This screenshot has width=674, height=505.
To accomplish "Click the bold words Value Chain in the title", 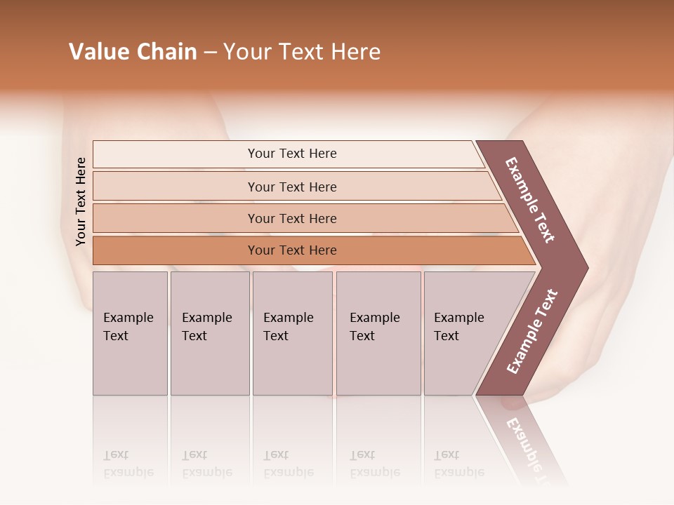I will (x=133, y=52).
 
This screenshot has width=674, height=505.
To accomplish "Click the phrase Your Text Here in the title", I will (x=302, y=52).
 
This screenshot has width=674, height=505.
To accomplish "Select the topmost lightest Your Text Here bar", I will (x=291, y=154).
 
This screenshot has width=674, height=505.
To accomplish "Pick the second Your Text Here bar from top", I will (x=291, y=187).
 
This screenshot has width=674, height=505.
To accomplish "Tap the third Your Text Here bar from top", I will (x=291, y=218).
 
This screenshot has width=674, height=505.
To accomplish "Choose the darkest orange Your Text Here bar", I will (x=291, y=250).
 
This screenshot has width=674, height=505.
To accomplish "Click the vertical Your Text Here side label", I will (x=81, y=201).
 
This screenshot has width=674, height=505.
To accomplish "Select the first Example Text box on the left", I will (x=130, y=333).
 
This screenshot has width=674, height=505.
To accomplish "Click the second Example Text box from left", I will (x=209, y=333).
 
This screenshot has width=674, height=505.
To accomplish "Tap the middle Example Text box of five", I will (x=291, y=333).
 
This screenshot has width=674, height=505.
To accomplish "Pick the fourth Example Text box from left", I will (x=378, y=333).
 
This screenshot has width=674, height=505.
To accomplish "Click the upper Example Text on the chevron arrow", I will (x=530, y=200).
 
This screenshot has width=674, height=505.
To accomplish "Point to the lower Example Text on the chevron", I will (x=532, y=331).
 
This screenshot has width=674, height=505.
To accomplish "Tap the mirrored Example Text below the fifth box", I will (x=458, y=464).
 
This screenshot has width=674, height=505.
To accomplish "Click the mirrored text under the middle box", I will (x=288, y=464).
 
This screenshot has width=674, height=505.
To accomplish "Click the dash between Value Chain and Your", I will (x=210, y=53).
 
